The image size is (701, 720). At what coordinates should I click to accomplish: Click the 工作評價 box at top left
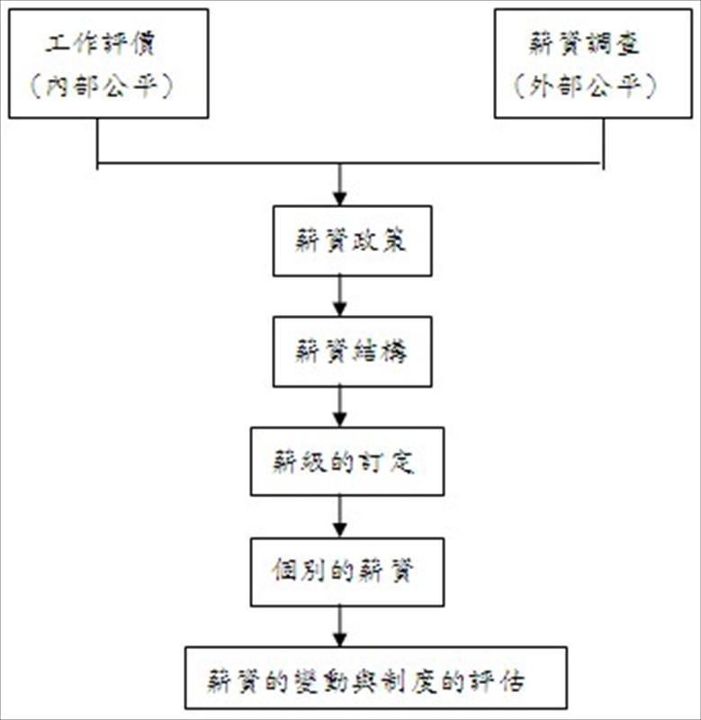click(108, 63)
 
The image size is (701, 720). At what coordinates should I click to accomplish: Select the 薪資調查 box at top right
click(593, 63)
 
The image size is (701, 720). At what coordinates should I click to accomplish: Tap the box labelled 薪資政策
click(352, 241)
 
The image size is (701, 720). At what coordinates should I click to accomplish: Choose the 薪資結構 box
click(352, 352)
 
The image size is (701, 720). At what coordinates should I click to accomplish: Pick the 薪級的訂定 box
click(346, 462)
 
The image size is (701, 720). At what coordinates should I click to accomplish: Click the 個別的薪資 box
click(346, 571)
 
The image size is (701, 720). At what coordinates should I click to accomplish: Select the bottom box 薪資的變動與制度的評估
click(376, 679)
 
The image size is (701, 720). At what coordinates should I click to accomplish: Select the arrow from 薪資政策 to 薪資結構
click(339, 296)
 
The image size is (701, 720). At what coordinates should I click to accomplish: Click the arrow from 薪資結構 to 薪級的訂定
click(339, 407)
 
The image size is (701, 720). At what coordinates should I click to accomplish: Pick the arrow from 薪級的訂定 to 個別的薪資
click(339, 517)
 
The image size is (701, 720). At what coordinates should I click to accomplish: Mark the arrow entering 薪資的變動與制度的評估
click(339, 625)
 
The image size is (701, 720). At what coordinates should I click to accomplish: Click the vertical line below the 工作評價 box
click(97, 141)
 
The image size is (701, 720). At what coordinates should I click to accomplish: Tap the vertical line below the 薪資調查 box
click(602, 142)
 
